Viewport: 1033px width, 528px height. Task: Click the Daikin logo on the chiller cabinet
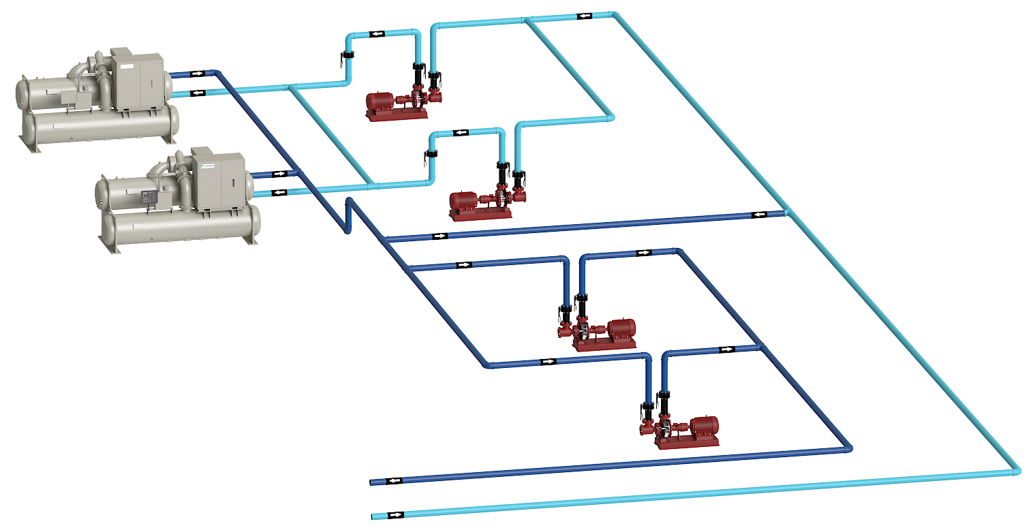pos(207,165)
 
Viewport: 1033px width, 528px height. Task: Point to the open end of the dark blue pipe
pos(371,483)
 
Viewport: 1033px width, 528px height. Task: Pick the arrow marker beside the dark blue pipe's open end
pos(395,481)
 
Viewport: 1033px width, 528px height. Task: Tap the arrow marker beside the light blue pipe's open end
pos(395,514)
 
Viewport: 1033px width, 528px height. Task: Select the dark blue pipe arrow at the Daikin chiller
pos(278,174)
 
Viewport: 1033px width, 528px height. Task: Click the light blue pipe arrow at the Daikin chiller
pos(278,193)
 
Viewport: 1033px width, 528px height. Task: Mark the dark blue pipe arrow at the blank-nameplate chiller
pos(197,74)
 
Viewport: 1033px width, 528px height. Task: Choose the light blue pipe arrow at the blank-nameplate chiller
pos(197,93)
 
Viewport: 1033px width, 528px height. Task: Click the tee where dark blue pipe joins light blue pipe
pos(787,213)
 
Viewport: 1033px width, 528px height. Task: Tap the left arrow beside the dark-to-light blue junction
pos(759,215)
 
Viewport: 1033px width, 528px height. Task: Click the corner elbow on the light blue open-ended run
pos(1016,470)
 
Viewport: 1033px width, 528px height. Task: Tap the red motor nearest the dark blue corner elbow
pos(705,426)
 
